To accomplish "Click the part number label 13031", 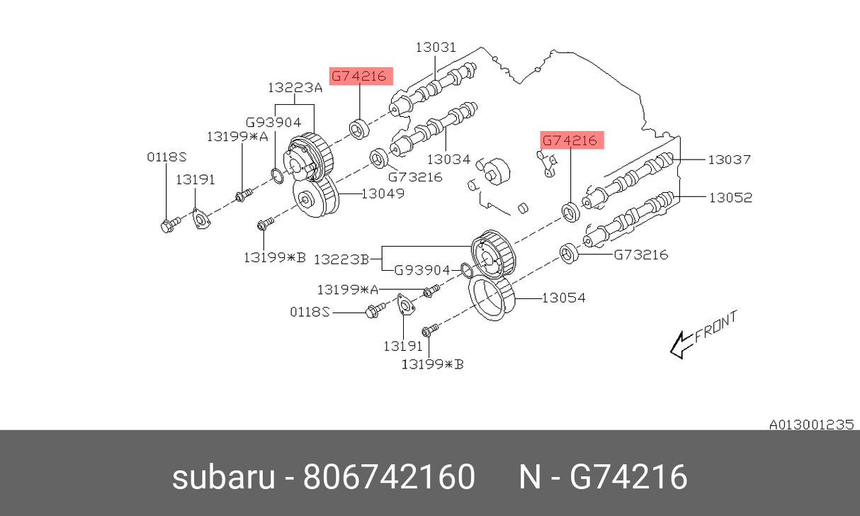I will pyautogui.click(x=436, y=47).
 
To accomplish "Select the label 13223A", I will pyautogui.click(x=295, y=88).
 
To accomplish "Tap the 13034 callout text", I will pyautogui.click(x=448, y=159).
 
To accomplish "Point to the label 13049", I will pyautogui.click(x=383, y=193).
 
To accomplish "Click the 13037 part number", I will pyautogui.click(x=729, y=160).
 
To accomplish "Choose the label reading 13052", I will pyautogui.click(x=730, y=198).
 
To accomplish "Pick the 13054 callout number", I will pyautogui.click(x=564, y=298).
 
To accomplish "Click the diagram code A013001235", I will pyautogui.click(x=811, y=425).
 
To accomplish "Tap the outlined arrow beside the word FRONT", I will pyautogui.click(x=681, y=345).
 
